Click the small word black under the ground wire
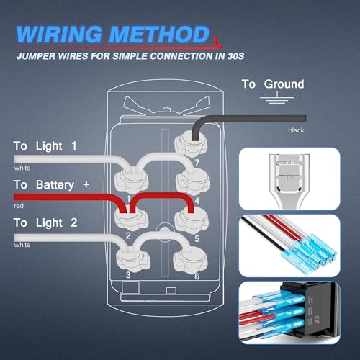pyautogui.click(x=297, y=130)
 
